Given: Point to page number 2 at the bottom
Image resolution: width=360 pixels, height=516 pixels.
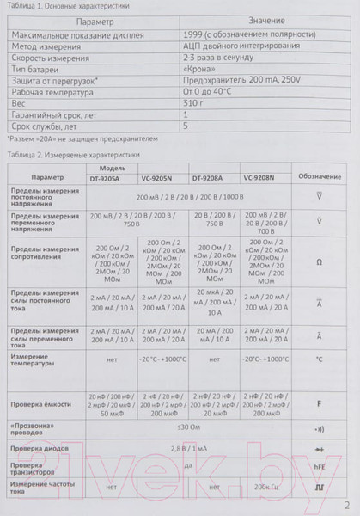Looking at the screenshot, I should click(347, 505).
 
